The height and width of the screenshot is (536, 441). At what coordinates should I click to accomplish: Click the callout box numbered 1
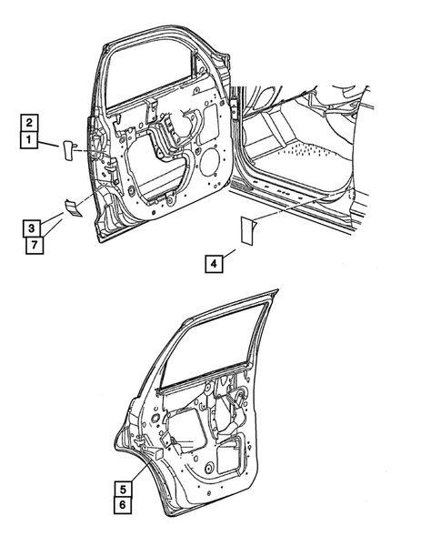[x=29, y=140]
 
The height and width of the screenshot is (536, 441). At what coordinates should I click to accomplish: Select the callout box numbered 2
[x=29, y=122]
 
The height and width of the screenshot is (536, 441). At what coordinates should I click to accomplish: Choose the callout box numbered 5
[x=122, y=486]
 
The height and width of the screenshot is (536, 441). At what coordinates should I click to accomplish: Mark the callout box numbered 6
[x=122, y=504]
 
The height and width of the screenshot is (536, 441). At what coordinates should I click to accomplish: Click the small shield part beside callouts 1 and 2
[x=69, y=148]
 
